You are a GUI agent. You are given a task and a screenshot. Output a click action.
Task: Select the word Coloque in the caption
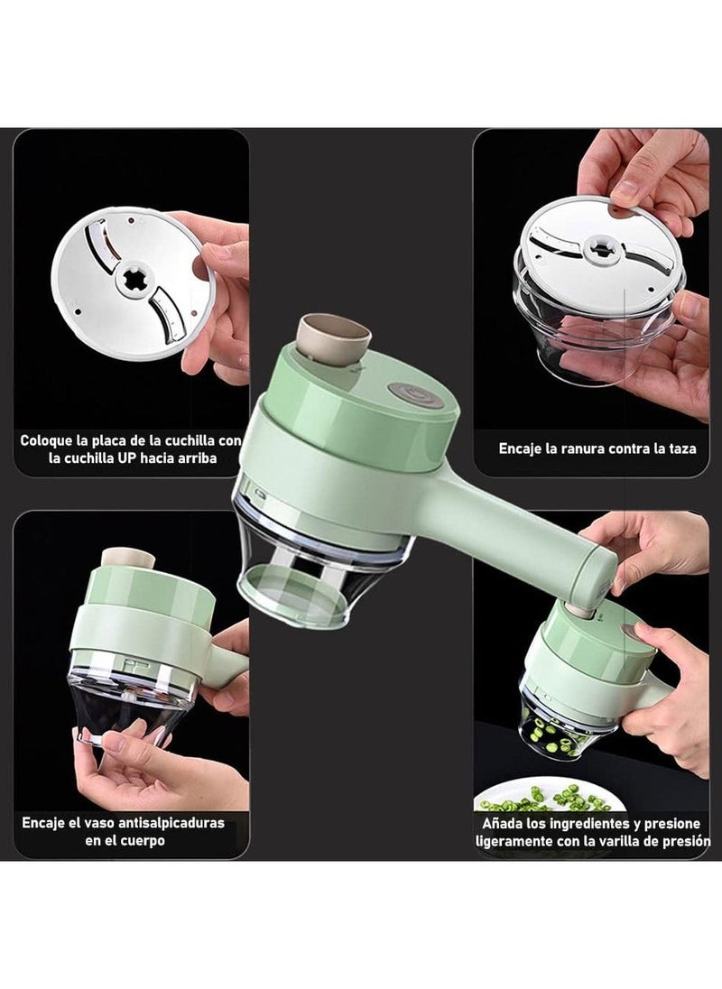pyautogui.click(x=50, y=441)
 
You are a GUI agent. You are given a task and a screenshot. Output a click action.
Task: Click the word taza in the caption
pyautogui.click(x=681, y=448)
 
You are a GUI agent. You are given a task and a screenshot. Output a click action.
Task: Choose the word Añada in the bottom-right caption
pyautogui.click(x=507, y=824)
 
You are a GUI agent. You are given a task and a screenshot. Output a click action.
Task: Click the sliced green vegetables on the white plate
pyautogui.click(x=541, y=799)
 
